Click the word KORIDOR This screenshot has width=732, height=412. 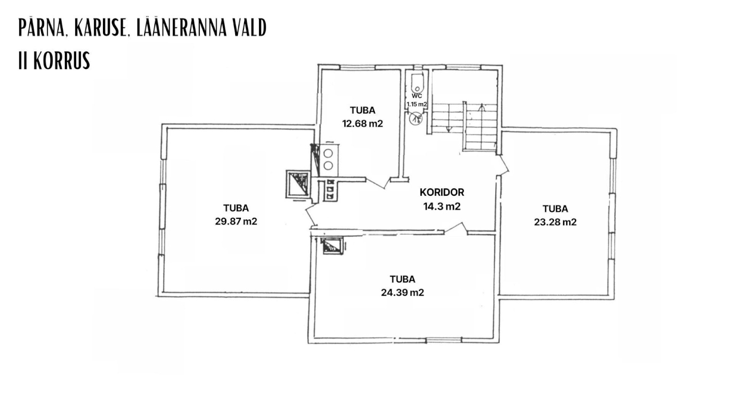pyautogui.click(x=442, y=193)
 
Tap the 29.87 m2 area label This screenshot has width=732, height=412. pyautogui.click(x=236, y=222)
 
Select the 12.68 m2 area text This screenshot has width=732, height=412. pyautogui.click(x=362, y=124)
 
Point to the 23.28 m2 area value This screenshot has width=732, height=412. pyautogui.click(x=555, y=222)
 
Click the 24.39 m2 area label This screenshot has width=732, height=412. pyautogui.click(x=403, y=293)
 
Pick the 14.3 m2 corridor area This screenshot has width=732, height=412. pyautogui.click(x=442, y=207)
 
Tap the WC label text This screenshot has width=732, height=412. pyautogui.click(x=417, y=96)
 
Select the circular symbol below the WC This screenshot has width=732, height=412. pyautogui.click(x=415, y=119)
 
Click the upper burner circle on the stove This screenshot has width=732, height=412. pyautogui.click(x=327, y=153)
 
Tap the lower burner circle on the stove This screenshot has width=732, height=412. pyautogui.click(x=327, y=165)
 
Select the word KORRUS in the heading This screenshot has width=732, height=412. pyautogui.click(x=62, y=61)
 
